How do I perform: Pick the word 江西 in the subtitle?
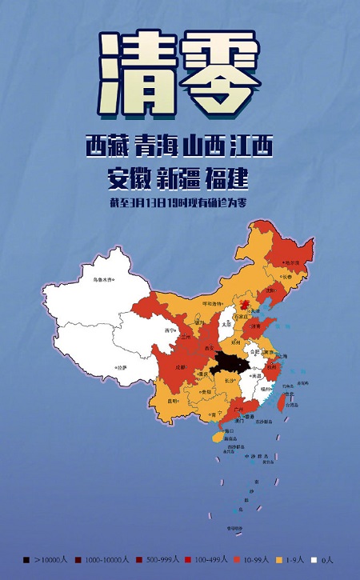coord(251,146)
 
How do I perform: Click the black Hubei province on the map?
coord(233,366)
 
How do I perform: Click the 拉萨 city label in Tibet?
coord(120,366)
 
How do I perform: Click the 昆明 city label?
coord(173,402)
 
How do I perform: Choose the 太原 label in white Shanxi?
coord(226,324)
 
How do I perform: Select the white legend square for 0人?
coord(314,559)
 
